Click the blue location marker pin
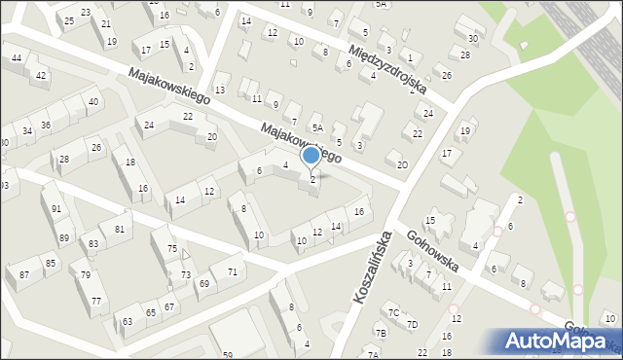(311, 155)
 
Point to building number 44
(17, 58)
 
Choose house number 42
(41, 75)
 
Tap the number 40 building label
(92, 101)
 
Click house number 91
(57, 209)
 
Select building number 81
(119, 229)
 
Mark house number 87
(24, 275)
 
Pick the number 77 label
(95, 302)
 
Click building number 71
(232, 271)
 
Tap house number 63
(128, 321)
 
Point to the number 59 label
(227, 355)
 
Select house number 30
(473, 39)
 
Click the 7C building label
(393, 312)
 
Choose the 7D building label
(412, 324)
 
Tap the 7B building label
(381, 334)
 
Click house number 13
(220, 90)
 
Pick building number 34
(27, 130)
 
